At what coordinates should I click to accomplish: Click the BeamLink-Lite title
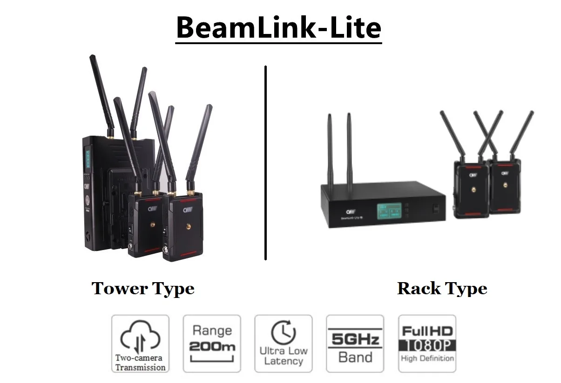coord(278,28)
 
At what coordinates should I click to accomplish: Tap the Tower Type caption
coord(143,289)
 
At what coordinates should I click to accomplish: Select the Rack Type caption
coord(442,289)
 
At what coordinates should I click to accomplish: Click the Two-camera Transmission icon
coord(140,343)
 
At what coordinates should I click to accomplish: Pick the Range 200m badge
coord(212,343)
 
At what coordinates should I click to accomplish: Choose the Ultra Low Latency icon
coord(284,343)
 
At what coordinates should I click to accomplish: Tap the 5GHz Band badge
coord(355,343)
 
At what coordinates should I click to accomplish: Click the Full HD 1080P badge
coord(427,343)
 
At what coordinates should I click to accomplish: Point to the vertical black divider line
coord(265,163)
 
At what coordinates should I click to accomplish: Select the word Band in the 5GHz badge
coord(355,357)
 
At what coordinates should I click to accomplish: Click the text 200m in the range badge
coord(212,347)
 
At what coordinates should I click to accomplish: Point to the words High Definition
coord(427,358)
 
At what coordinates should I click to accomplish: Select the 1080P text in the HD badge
coord(427,346)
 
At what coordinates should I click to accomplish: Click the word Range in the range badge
coord(212,331)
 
